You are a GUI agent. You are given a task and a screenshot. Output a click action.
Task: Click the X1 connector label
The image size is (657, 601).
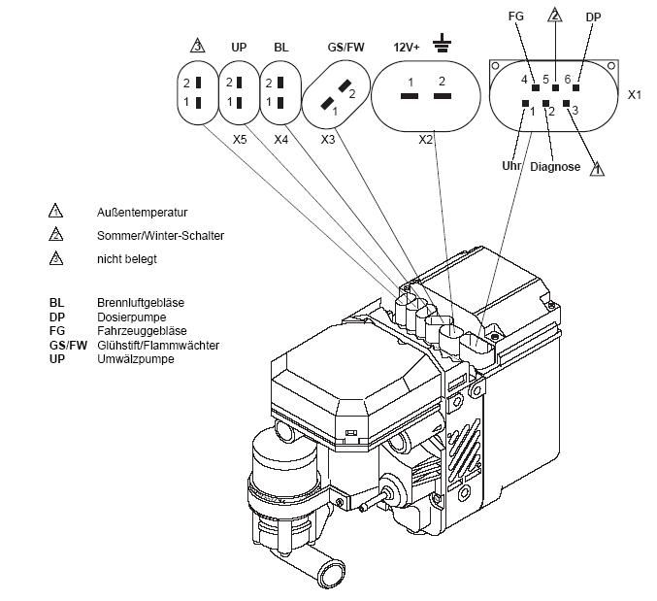coord(635,95)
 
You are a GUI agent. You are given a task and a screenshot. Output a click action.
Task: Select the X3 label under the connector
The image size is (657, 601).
coord(329,140)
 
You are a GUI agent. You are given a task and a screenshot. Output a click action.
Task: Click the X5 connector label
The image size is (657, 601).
coord(239,140)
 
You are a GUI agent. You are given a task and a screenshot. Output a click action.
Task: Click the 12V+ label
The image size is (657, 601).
coord(406,47)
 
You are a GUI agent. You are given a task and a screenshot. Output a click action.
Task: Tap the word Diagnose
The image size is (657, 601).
coord(555,167)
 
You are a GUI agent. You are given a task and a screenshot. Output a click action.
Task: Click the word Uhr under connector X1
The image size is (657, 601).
coord(512,166)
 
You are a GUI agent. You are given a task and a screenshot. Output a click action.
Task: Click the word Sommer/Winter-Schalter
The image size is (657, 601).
coord(160,235)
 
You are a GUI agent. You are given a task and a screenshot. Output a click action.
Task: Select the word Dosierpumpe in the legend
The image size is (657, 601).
coord(131,317)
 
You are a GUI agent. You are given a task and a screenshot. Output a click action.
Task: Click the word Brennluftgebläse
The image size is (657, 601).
coord(140,303)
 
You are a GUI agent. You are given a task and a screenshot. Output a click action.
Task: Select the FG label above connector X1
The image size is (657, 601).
coord(516,17)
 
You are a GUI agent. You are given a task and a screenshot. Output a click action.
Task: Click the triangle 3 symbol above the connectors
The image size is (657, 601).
coord(197,46)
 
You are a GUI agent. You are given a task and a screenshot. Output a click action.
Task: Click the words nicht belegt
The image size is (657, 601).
coord(127,259)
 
